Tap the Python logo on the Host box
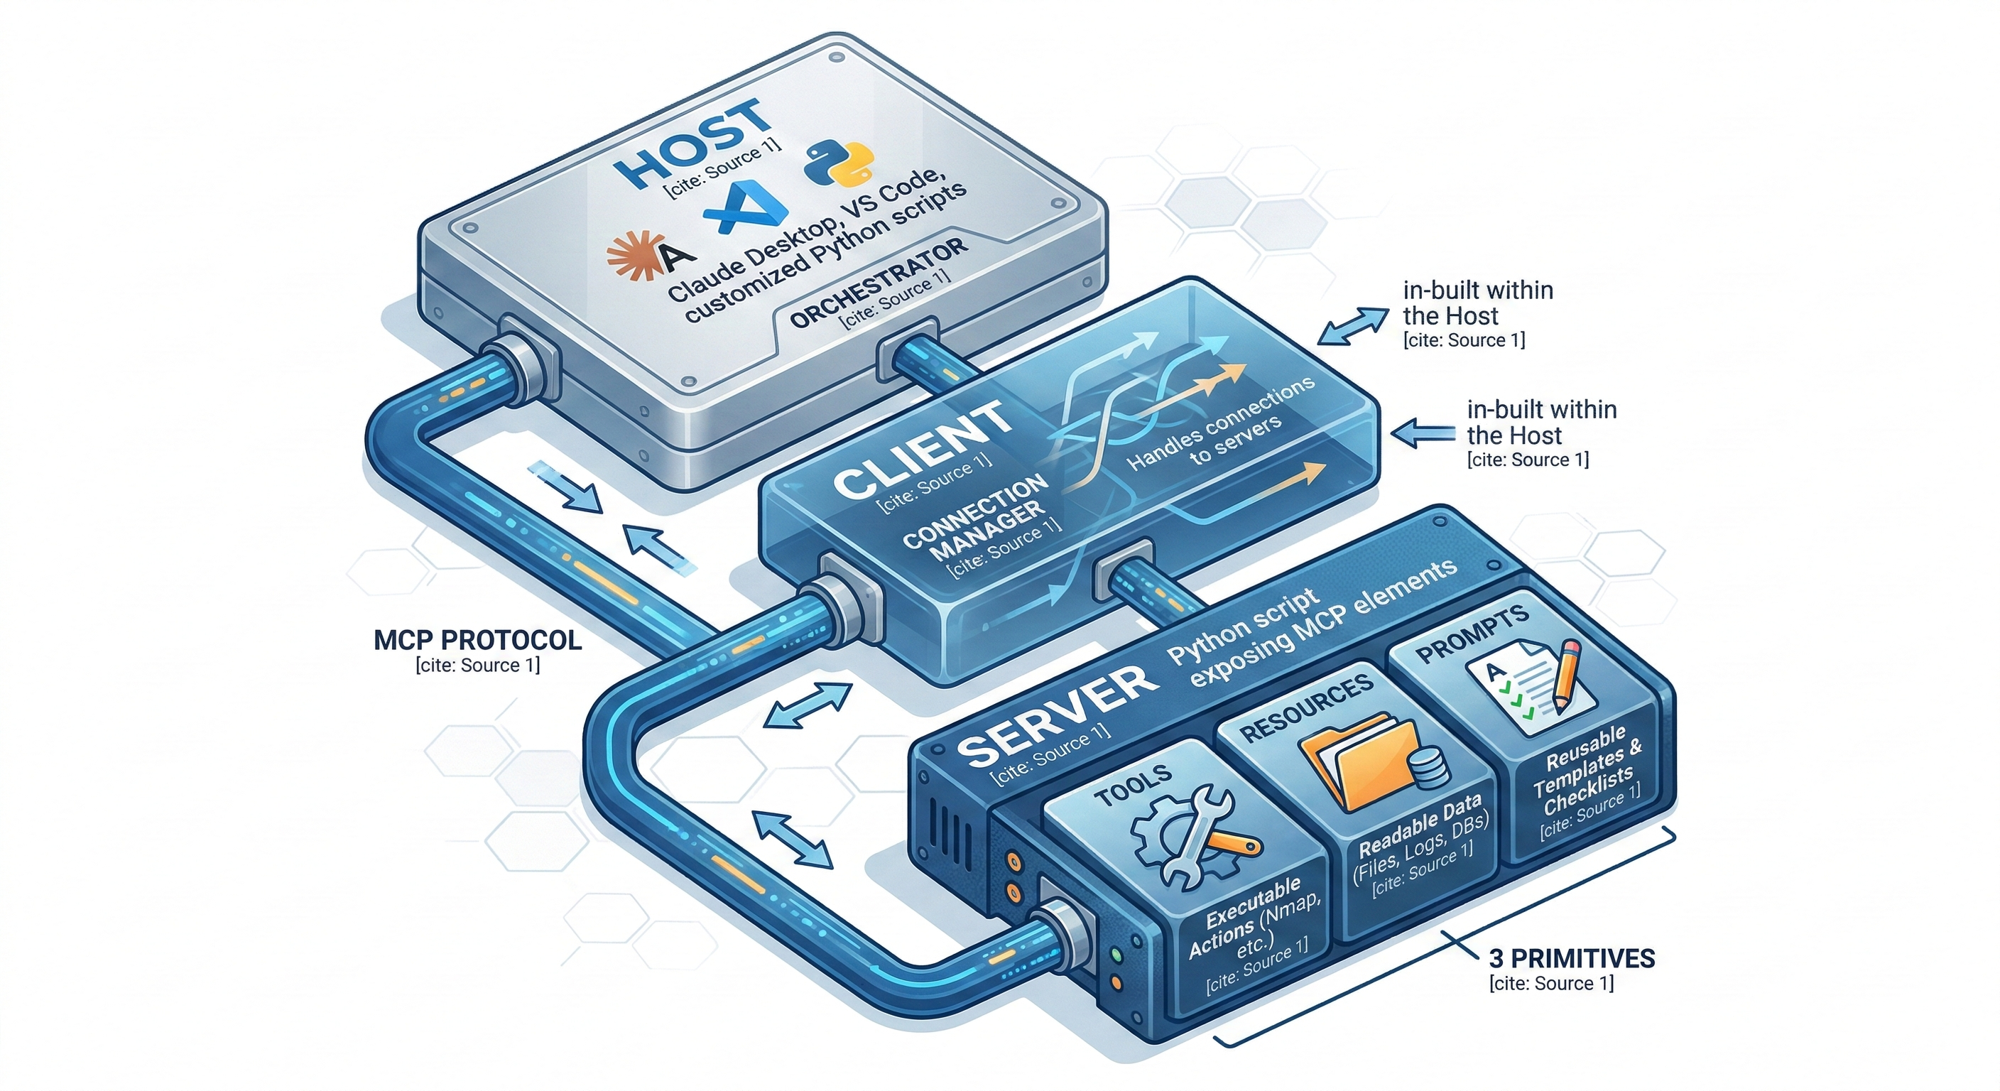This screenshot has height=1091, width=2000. point(839,162)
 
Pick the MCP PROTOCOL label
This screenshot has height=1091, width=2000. point(477,640)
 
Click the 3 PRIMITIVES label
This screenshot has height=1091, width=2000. point(1572,958)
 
